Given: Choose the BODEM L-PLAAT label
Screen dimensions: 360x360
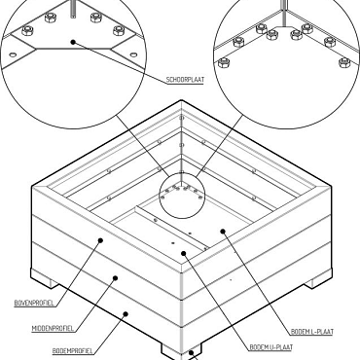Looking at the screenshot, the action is (311, 332).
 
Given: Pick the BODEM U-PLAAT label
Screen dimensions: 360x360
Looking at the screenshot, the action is (270, 347).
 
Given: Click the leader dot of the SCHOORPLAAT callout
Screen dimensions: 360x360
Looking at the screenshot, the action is (74, 40).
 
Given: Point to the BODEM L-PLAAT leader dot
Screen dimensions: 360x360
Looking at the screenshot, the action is (223, 232).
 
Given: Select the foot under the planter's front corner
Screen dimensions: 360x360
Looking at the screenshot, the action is (180, 351).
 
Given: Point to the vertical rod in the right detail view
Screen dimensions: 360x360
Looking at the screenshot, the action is (284, 12).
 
